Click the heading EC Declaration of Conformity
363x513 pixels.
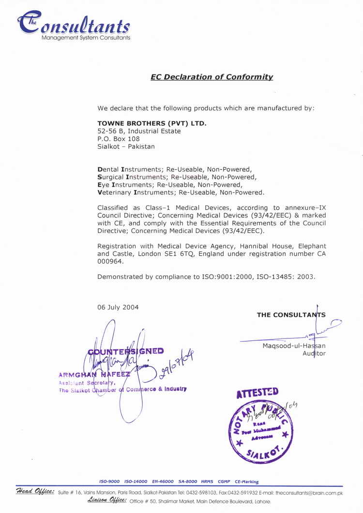click(x=212, y=77)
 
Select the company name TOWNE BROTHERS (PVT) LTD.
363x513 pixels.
click(x=152, y=123)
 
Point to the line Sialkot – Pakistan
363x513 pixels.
click(x=126, y=147)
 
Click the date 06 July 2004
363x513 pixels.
click(x=118, y=307)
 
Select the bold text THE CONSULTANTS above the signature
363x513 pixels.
click(x=291, y=315)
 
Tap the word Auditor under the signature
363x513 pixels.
click(x=314, y=353)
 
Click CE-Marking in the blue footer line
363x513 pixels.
click(x=247, y=482)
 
